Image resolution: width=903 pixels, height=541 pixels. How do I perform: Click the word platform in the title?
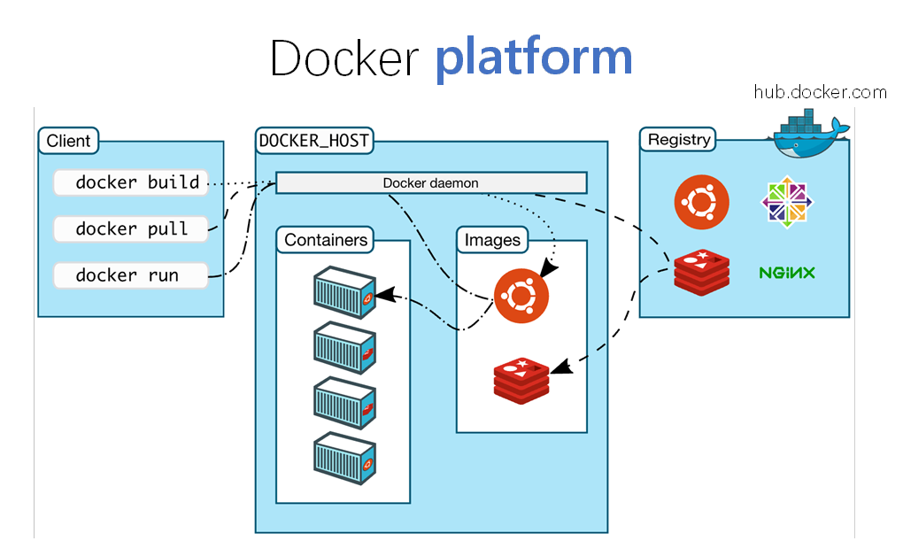point(534,58)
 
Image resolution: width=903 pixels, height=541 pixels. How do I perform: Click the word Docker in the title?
point(343,58)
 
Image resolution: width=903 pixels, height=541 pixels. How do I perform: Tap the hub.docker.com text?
point(820,91)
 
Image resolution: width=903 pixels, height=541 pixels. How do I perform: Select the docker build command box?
point(131,182)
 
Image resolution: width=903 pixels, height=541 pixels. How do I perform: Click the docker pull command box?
point(131,228)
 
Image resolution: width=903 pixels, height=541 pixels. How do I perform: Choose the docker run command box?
point(131,275)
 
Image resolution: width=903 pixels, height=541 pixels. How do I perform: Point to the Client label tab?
point(68,141)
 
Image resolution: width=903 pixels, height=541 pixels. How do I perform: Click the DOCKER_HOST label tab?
point(314,141)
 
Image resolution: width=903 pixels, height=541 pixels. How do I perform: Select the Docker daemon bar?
point(431,182)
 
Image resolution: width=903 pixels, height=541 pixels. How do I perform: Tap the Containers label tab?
point(326,240)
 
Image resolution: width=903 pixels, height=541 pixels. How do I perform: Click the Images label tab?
point(492,240)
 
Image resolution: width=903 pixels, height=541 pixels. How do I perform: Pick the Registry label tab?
point(678,139)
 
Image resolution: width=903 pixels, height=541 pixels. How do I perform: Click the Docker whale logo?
point(808,134)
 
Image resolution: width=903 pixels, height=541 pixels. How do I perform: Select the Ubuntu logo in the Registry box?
point(701,202)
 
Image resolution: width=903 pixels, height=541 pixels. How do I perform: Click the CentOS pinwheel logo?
point(787,202)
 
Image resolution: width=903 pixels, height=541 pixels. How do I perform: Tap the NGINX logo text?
point(787,273)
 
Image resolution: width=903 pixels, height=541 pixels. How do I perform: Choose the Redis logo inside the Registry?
point(702,273)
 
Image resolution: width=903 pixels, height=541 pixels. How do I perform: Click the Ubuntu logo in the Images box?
point(521,296)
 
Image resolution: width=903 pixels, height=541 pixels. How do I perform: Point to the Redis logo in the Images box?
point(521,381)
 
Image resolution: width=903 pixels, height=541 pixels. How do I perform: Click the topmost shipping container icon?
point(344,293)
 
